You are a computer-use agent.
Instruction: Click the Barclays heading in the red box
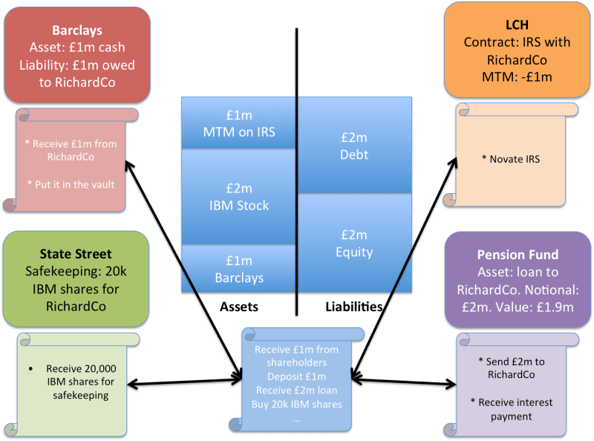[76, 31]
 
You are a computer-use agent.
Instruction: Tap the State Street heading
[76, 255]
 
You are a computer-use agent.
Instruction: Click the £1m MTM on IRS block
[238, 122]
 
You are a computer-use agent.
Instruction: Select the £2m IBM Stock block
[238, 196]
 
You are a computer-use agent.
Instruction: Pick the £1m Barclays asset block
[238, 269]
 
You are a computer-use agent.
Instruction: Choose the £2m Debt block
[355, 147]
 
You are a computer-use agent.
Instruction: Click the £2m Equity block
[355, 244]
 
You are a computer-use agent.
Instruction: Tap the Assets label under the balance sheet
[238, 305]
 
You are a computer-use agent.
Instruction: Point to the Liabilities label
[354, 305]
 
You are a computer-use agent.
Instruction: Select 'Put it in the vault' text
[76, 184]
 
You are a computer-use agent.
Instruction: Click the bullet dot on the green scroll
[30, 368]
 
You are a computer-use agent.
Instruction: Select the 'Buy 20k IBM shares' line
[297, 405]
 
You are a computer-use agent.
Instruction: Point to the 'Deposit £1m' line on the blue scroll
[297, 376]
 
